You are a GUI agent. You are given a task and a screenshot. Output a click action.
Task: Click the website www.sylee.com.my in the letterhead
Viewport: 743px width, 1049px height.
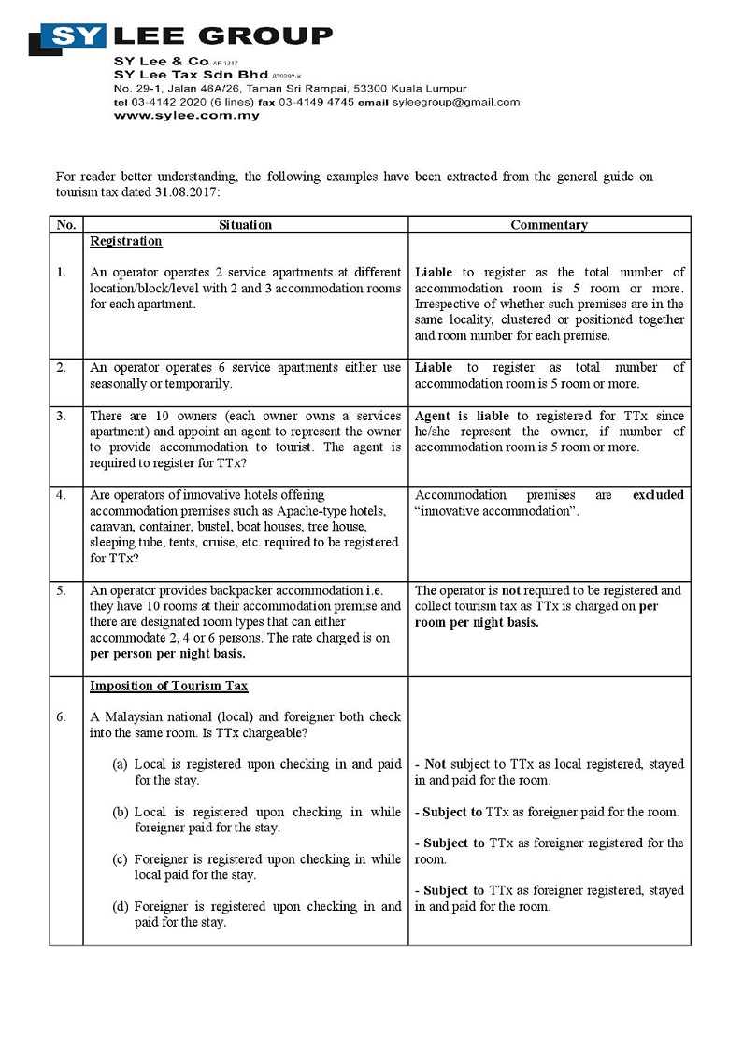[187, 116]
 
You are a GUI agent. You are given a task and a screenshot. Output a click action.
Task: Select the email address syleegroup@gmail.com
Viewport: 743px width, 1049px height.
[455, 102]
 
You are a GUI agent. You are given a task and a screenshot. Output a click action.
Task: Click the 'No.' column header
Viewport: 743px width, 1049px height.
[65, 225]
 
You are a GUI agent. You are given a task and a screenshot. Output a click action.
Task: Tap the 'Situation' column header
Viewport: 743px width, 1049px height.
[245, 225]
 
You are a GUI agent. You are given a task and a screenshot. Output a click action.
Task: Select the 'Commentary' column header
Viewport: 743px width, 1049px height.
[549, 225]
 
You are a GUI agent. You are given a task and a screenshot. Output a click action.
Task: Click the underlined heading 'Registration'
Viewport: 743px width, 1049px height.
[126, 242]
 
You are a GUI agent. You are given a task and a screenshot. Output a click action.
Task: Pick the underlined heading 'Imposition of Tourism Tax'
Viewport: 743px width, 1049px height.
[168, 687]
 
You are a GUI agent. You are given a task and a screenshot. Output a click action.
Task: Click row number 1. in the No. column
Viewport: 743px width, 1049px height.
[61, 273]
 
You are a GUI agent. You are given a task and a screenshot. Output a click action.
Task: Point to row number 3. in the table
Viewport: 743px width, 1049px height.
[61, 416]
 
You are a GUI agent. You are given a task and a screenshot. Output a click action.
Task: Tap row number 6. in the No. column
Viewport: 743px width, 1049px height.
[61, 717]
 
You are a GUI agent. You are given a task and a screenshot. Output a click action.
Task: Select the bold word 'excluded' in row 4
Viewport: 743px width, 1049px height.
[658, 495]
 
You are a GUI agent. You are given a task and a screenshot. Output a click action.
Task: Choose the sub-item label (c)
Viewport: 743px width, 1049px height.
[120, 859]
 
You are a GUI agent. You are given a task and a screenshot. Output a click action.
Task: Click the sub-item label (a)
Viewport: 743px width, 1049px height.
[120, 764]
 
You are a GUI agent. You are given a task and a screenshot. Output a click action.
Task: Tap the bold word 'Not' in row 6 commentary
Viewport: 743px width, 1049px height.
[435, 764]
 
